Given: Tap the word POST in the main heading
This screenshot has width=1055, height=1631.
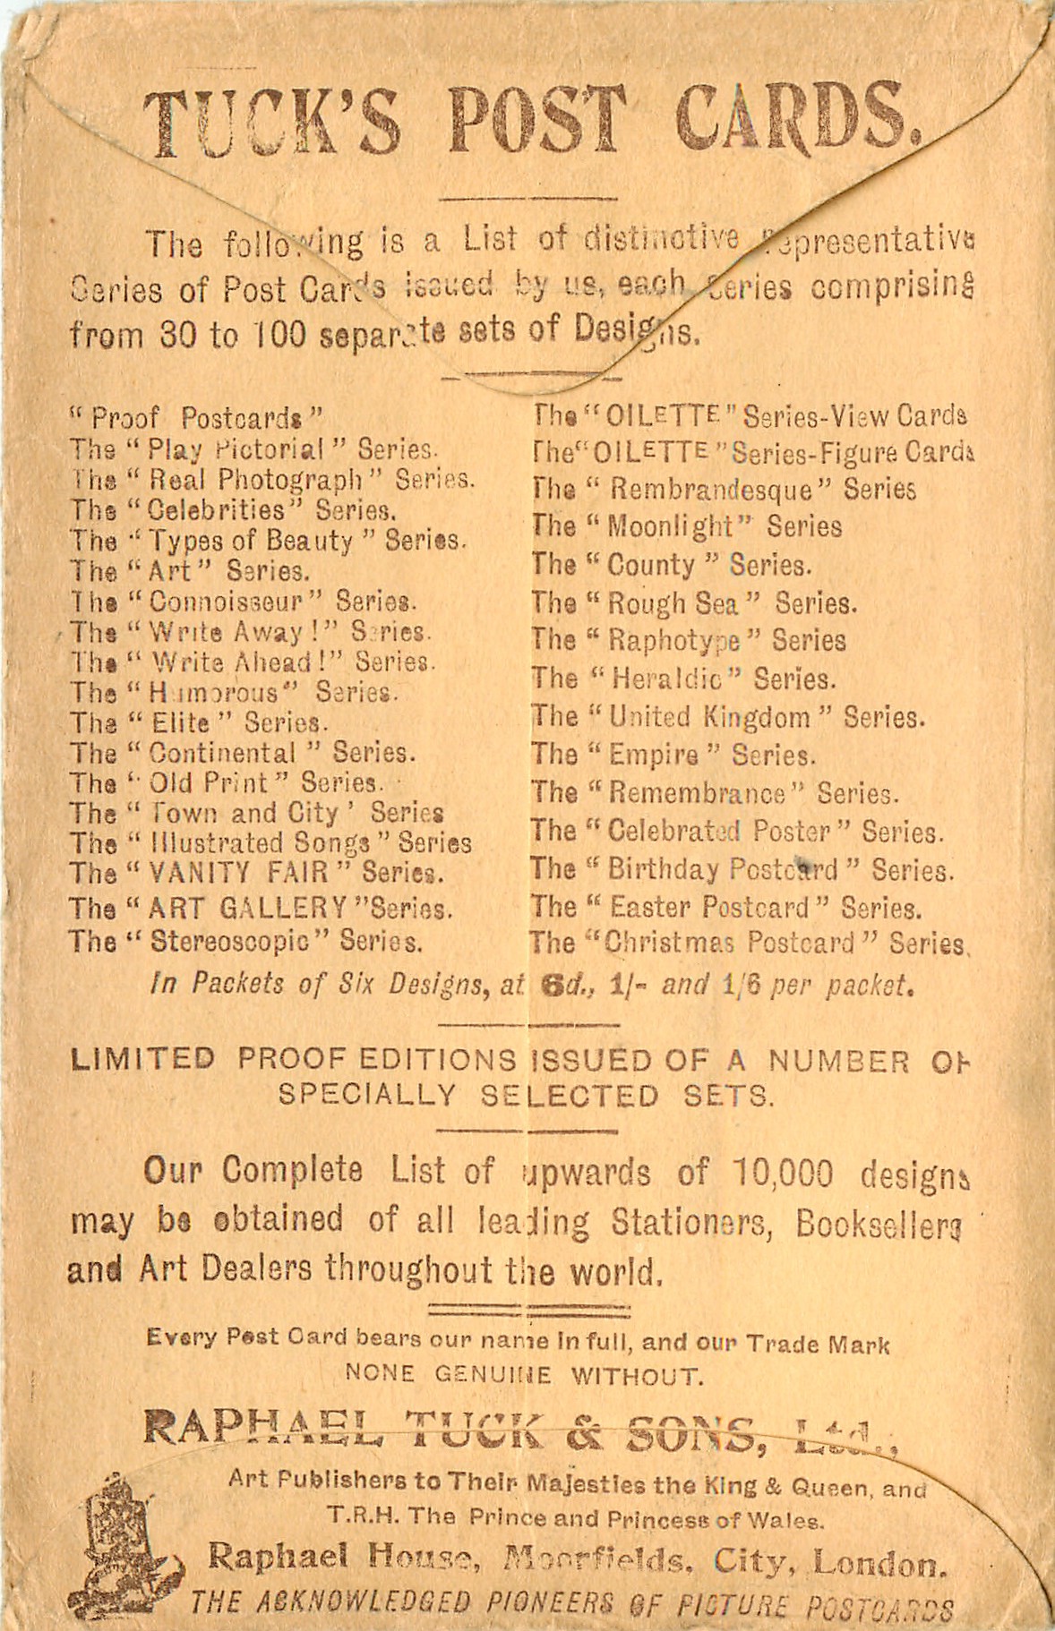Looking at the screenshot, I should pos(536,121).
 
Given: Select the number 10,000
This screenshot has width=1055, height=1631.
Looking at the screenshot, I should pos(782,1174).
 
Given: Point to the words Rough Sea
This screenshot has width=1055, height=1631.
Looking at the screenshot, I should pos(673,603).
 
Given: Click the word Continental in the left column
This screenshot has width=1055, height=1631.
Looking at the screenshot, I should pos(222,753).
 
